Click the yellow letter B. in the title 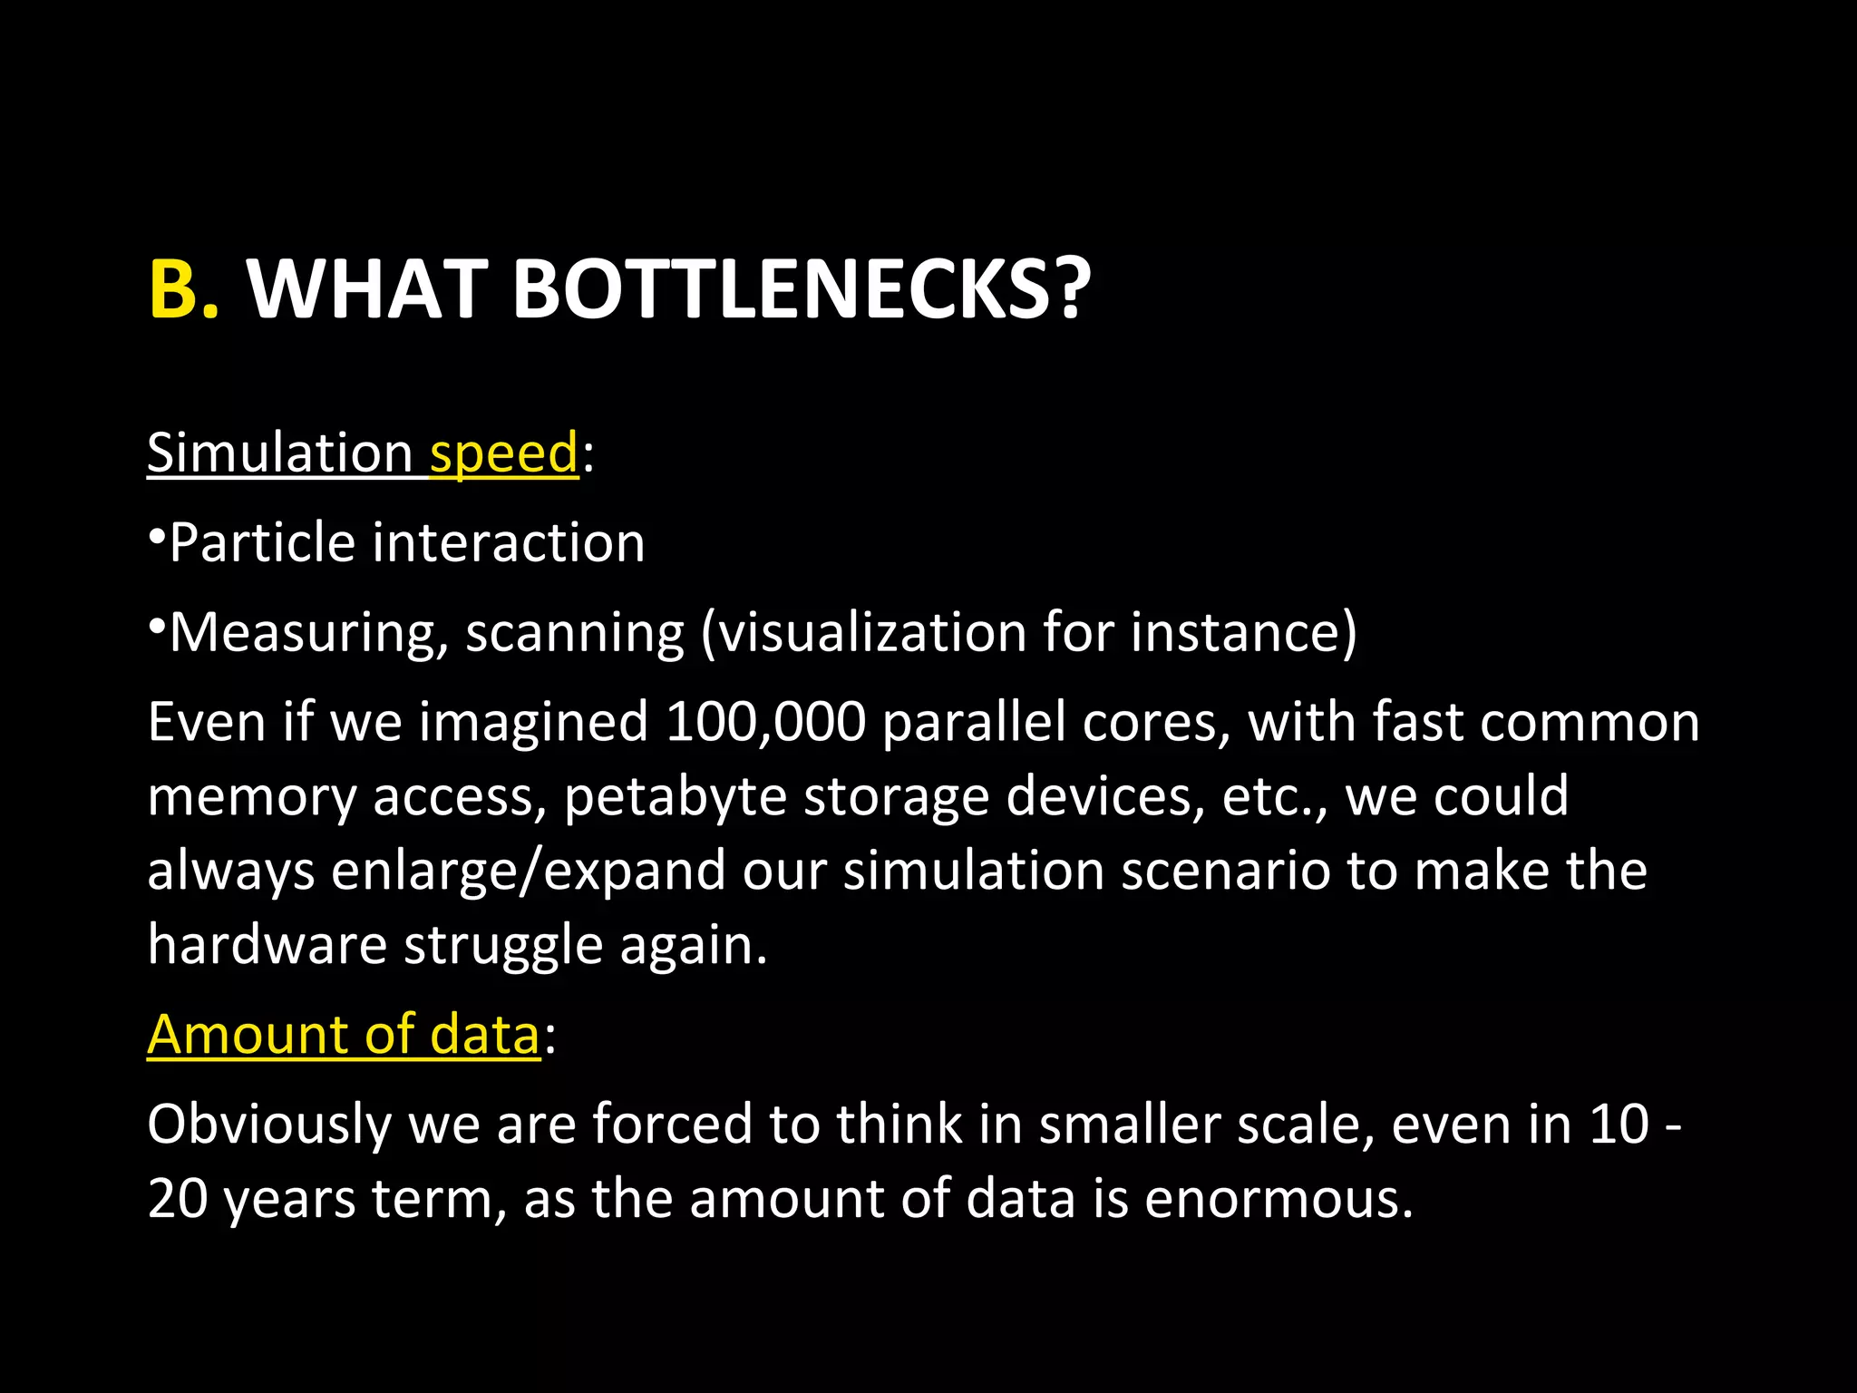pos(182,289)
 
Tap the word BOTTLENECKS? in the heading pos(802,289)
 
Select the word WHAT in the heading pos(367,289)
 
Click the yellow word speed pos(503,453)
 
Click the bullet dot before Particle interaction pos(156,536)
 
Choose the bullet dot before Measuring pos(156,626)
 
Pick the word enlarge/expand pos(528,872)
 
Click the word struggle pos(502,946)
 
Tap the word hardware pos(267,944)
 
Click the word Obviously pos(269,1125)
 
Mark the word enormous pos(1278,1200)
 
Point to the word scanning pos(575,633)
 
